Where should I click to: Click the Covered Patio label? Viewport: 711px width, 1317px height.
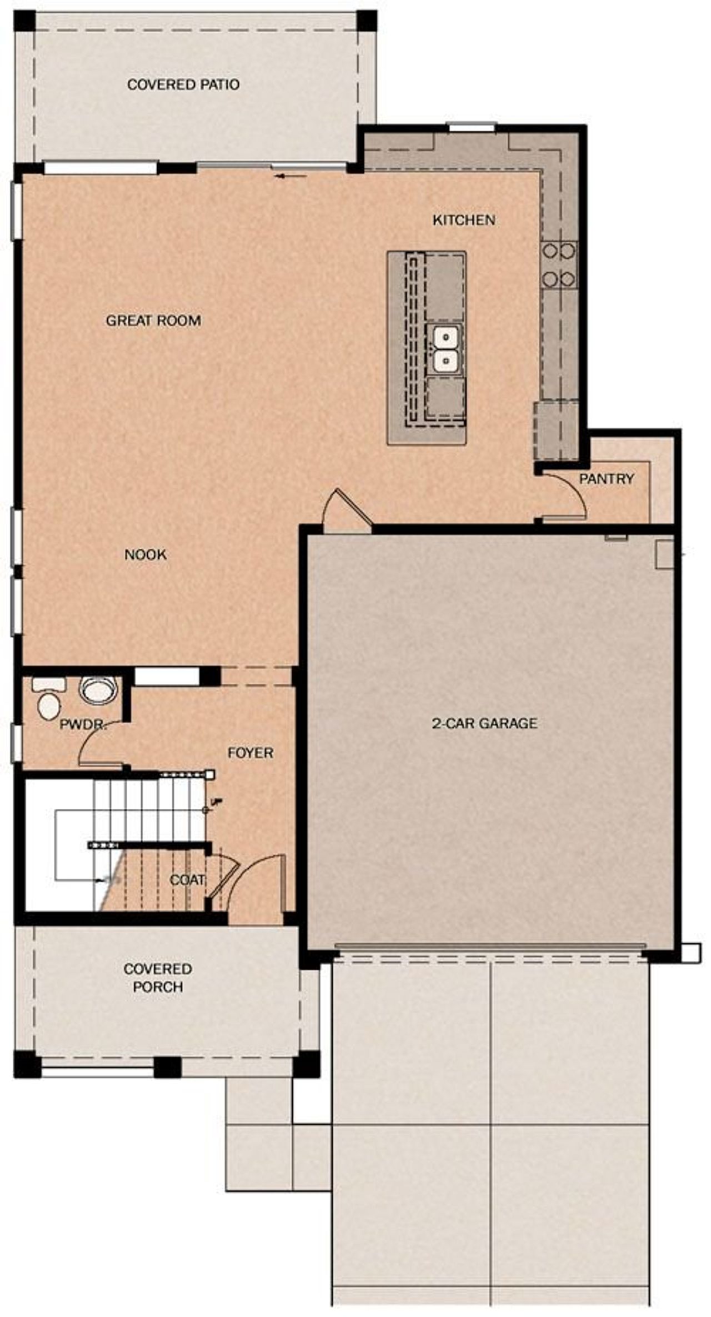click(x=183, y=84)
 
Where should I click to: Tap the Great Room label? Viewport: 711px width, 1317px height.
click(x=153, y=321)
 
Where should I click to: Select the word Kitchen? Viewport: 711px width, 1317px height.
click(x=464, y=220)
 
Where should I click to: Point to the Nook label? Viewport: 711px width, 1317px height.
click(x=146, y=554)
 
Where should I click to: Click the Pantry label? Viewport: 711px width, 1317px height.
click(x=606, y=478)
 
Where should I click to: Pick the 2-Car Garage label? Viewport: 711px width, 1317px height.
click(x=484, y=723)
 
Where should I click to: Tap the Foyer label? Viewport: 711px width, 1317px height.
click(x=251, y=753)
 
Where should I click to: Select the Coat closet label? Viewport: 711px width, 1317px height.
click(x=187, y=880)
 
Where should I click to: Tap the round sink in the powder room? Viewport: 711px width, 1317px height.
click(x=98, y=690)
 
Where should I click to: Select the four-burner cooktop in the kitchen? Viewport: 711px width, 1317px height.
click(x=559, y=265)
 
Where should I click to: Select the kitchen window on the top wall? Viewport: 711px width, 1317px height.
click(x=472, y=127)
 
